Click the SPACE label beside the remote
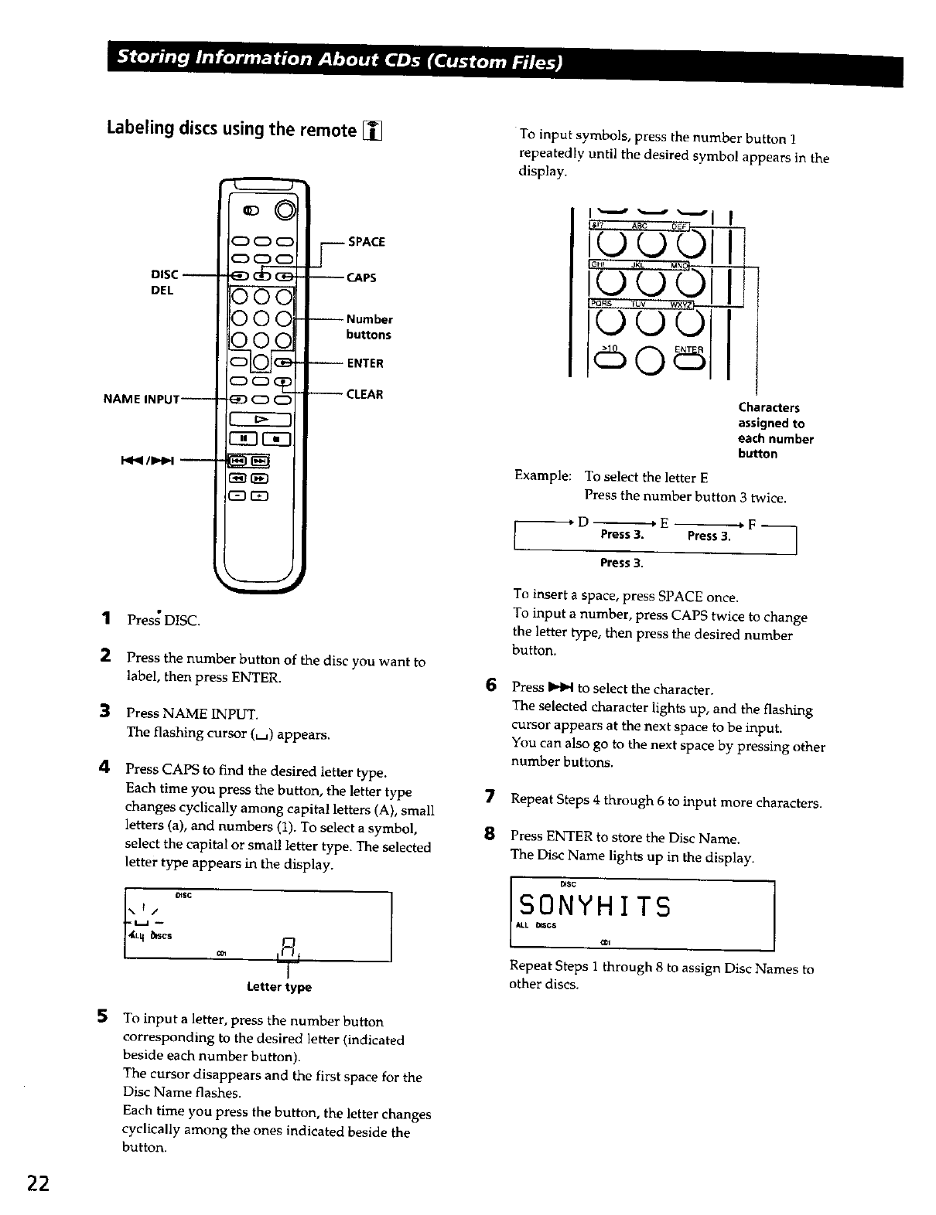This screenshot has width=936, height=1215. pyautogui.click(x=366, y=242)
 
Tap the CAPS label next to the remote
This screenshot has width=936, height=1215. pyautogui.click(x=361, y=277)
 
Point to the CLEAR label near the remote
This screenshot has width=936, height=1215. pyautogui.click(x=364, y=394)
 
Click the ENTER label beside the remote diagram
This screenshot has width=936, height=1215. pyautogui.click(x=365, y=363)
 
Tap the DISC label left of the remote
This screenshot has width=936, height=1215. pyautogui.click(x=163, y=275)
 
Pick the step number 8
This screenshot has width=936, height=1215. pyautogui.click(x=489, y=836)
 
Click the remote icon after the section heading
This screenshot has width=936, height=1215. pyautogui.click(x=374, y=130)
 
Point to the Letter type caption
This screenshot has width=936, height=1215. pyautogui.click(x=278, y=987)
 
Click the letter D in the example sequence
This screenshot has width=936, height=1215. pyautogui.click(x=582, y=522)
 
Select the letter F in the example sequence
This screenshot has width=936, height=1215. pyautogui.click(x=751, y=524)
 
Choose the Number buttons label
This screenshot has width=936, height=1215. pyautogui.click(x=369, y=327)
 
